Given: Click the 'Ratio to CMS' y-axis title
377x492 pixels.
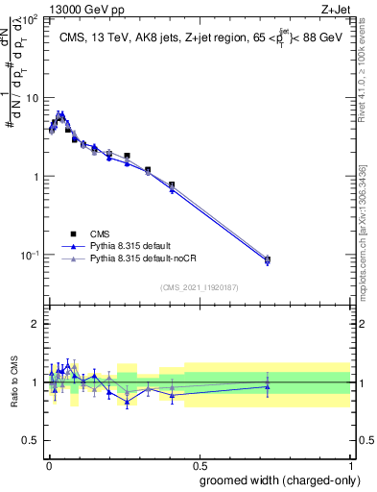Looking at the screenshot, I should (13, 381).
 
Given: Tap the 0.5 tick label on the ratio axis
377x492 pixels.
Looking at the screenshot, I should (32, 440).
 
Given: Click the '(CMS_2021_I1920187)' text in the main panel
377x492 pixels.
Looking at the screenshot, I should (199, 287).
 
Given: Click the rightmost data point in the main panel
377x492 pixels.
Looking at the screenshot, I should (268, 259).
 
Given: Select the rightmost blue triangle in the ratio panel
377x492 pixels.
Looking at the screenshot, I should (268, 386).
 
